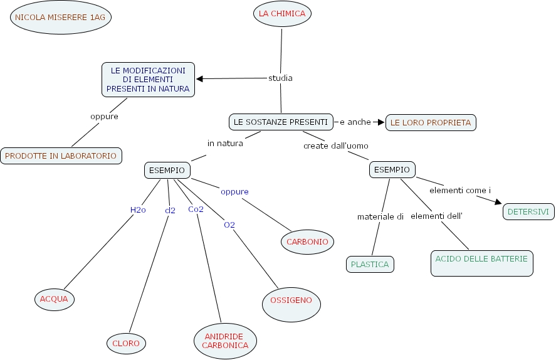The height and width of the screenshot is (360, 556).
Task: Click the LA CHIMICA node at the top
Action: pos(282,14)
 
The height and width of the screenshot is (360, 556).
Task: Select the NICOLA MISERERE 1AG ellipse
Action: pos(60,18)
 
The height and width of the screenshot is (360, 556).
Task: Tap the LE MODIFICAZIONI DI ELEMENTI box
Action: pos(148,80)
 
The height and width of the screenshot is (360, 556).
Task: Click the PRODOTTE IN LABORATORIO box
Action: pos(61,156)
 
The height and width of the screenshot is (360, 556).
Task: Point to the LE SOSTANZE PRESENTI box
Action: pos(280,122)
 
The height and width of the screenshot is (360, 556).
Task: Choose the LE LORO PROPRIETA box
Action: pos(431,123)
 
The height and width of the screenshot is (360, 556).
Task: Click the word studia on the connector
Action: pos(280,78)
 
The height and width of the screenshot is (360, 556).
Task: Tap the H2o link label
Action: pos(138,209)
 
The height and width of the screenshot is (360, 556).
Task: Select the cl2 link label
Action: pos(170,210)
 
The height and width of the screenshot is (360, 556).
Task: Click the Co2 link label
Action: pos(196,209)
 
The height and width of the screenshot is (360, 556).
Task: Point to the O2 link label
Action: pos(229,224)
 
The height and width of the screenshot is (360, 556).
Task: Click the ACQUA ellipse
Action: pos(54,299)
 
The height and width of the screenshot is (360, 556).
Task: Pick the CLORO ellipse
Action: pos(126,343)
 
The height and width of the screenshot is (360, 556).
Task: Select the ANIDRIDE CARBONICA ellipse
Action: pos(226,341)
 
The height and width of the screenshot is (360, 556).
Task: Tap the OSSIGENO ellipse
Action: pos(291,300)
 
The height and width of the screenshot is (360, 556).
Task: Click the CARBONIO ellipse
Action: pos(307,241)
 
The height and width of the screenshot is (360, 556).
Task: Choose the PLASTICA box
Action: pos(370,264)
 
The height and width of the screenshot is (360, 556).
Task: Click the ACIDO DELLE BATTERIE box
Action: pos(481,263)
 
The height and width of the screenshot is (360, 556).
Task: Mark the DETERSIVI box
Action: pos(528,212)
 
